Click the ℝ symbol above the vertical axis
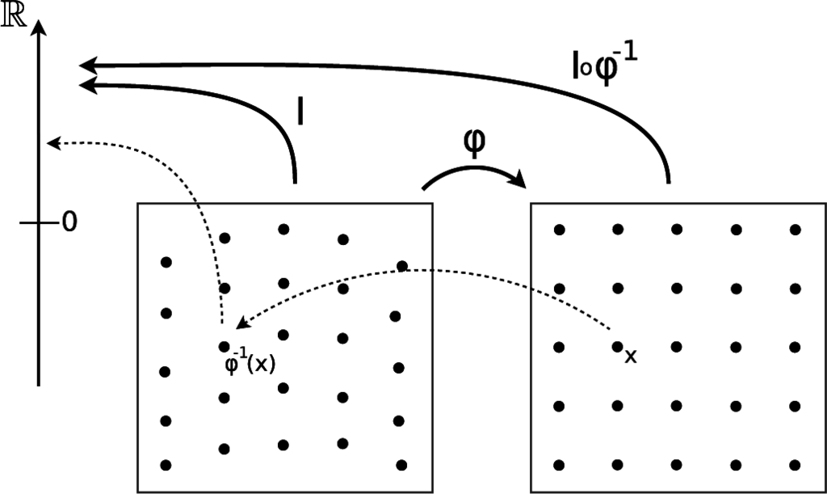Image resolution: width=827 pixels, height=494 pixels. click(x=13, y=18)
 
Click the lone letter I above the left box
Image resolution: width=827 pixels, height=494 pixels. click(x=300, y=112)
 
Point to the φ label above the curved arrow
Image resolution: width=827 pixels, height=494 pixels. click(x=475, y=143)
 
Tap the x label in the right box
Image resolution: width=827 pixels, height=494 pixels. click(x=631, y=357)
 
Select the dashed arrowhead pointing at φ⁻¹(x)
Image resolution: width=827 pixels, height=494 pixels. click(x=241, y=326)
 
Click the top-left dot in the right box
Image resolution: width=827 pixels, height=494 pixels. click(x=558, y=230)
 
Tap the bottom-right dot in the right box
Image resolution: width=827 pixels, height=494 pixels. click(x=796, y=464)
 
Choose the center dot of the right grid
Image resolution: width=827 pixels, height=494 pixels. click(x=677, y=347)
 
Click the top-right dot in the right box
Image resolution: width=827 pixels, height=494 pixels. click(x=796, y=230)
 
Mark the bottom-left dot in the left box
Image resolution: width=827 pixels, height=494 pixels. click(x=166, y=465)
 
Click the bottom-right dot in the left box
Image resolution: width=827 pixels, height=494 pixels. click(x=401, y=465)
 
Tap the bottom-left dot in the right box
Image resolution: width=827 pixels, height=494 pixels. click(x=558, y=464)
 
